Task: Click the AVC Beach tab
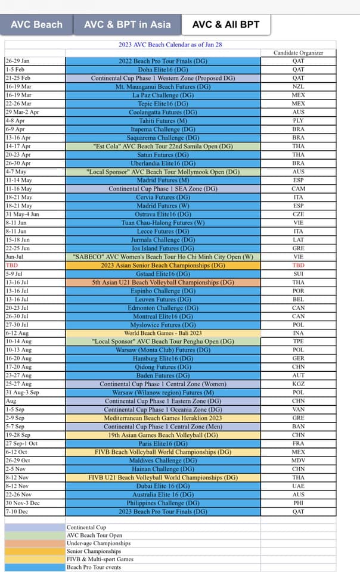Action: tap(36, 24)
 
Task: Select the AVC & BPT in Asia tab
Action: tap(127, 24)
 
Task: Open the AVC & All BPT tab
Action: tap(225, 24)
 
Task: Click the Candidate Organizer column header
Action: tap(298, 53)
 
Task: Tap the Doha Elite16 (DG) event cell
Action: tap(163, 69)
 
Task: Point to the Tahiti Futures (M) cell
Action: tap(163, 120)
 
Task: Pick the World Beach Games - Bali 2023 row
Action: tap(163, 334)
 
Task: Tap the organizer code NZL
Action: tap(298, 86)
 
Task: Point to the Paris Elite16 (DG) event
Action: tap(163, 444)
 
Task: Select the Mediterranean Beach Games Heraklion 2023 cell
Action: tap(163, 418)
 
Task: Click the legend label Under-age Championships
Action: tap(98, 543)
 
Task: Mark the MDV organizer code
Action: tap(298, 461)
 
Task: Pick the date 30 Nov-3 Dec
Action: tap(24, 503)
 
